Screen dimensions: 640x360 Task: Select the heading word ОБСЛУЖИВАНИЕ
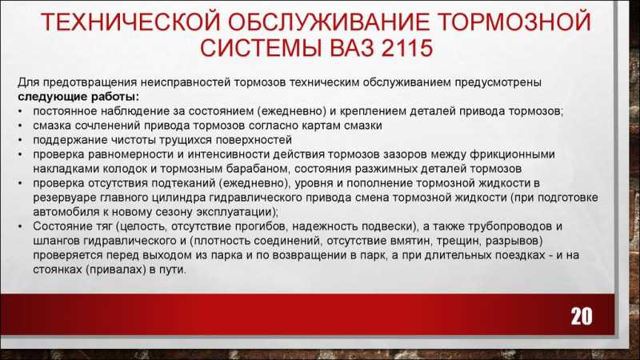(x=328, y=22)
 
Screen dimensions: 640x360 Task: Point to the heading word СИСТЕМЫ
(x=261, y=48)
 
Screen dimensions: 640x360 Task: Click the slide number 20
(x=582, y=316)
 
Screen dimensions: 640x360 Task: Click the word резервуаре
(x=64, y=198)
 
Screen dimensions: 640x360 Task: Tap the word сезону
(x=173, y=212)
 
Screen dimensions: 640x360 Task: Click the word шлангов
(x=56, y=241)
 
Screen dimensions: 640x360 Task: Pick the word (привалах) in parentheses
(x=116, y=270)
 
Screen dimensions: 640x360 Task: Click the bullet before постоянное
(x=21, y=111)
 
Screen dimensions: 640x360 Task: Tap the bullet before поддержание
(x=21, y=141)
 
